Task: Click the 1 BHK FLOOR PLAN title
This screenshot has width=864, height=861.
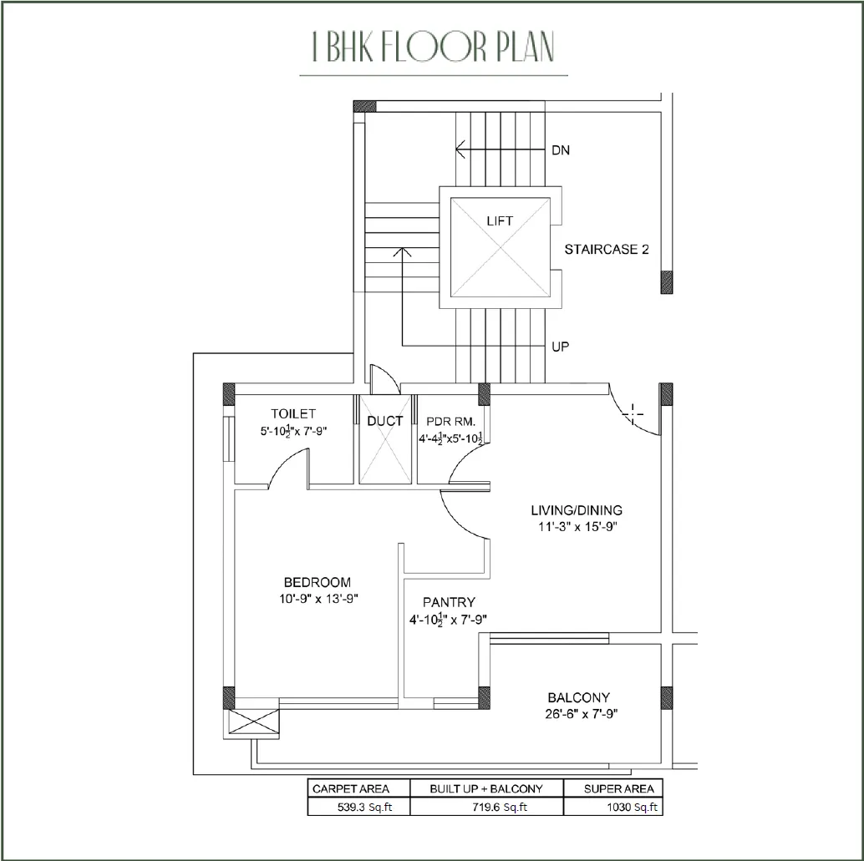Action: point(432,48)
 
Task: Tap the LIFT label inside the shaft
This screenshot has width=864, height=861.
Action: point(500,221)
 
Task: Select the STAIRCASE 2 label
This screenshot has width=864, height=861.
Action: point(607,249)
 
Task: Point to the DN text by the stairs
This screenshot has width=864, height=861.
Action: point(561,151)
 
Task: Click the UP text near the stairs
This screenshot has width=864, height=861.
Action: point(561,346)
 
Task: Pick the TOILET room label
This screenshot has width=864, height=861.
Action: point(293,414)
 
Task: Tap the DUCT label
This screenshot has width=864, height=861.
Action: point(385,422)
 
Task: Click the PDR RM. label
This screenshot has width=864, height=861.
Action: point(451,422)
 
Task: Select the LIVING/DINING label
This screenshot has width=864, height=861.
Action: point(577,510)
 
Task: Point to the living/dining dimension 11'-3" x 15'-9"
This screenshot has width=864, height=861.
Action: point(577,526)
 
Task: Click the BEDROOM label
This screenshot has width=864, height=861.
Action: point(317,582)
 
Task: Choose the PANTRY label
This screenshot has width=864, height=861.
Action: point(449,602)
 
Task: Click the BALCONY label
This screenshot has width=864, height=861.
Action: point(579,697)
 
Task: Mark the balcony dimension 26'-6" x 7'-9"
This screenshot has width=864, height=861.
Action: point(579,713)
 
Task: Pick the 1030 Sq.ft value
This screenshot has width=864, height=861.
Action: point(633,807)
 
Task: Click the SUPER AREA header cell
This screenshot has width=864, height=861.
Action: point(619,788)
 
